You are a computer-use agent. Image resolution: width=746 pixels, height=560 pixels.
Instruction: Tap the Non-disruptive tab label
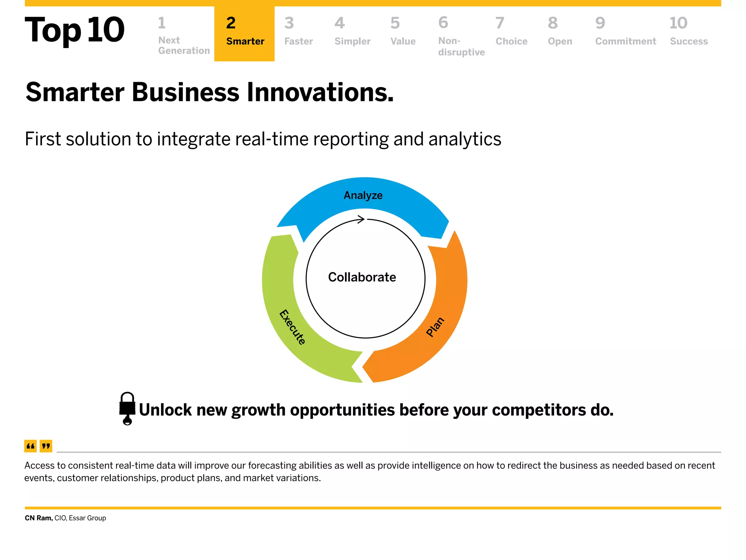tap(461, 46)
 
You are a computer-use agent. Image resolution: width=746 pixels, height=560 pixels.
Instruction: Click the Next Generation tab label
tap(184, 45)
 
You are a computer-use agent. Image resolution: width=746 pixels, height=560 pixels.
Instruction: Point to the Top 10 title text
tap(75, 30)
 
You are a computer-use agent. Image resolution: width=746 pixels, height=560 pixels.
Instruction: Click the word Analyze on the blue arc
tap(363, 195)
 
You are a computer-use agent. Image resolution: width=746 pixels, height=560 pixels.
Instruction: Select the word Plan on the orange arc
tap(435, 327)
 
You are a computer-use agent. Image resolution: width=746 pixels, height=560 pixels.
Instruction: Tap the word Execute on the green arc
tap(292, 327)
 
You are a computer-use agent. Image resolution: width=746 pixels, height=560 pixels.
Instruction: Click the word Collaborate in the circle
tap(362, 277)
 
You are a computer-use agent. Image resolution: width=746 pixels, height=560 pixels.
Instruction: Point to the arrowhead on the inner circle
tap(361, 219)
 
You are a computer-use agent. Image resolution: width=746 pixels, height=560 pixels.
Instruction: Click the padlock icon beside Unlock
tap(127, 408)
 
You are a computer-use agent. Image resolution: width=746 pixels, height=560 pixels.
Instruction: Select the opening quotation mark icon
tap(31, 446)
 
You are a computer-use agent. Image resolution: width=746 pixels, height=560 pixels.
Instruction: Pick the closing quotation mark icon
tap(46, 446)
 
